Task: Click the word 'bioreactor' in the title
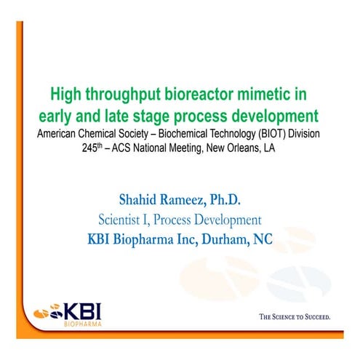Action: [x=209, y=95]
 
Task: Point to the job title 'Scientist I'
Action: [x=124, y=219]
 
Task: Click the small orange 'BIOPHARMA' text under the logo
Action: [x=78, y=324]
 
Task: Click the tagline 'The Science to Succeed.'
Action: [x=295, y=317]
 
